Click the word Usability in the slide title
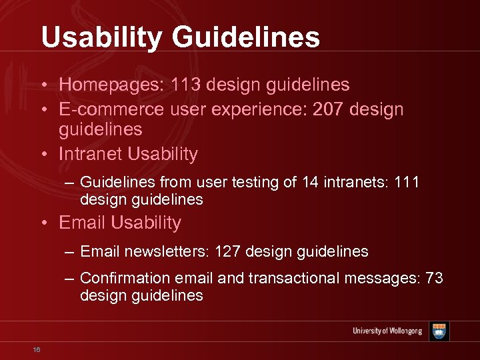point(99,37)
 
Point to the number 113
point(186,85)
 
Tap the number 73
point(434,278)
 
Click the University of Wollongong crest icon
point(439,331)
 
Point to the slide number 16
point(37,349)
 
